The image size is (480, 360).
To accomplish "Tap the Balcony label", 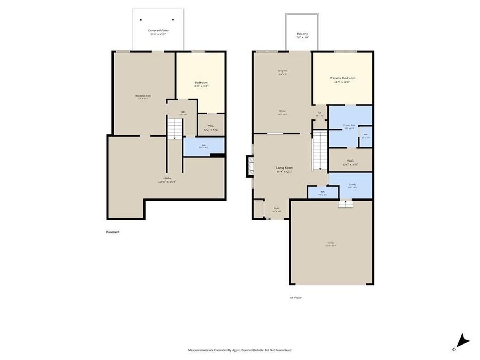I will pyautogui.click(x=302, y=36).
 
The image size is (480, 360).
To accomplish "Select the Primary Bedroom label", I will pyautogui.click(x=342, y=80).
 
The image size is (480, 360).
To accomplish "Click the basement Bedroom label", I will pyautogui.click(x=201, y=84).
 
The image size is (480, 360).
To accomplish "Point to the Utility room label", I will pyautogui.click(x=166, y=180).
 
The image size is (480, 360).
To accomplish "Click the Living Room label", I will pyautogui.click(x=284, y=170).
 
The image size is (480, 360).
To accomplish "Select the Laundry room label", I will pyautogui.click(x=352, y=186).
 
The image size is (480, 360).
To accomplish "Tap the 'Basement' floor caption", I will pyautogui.click(x=113, y=232).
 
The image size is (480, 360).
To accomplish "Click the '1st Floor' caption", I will pyautogui.click(x=295, y=298).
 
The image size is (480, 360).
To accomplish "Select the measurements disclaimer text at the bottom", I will pyautogui.click(x=239, y=350).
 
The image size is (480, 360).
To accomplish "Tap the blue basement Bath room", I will pyautogui.click(x=203, y=147).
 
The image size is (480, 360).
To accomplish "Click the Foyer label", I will pyautogui.click(x=276, y=210).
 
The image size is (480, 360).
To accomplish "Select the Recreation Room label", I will pyautogui.click(x=143, y=97).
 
